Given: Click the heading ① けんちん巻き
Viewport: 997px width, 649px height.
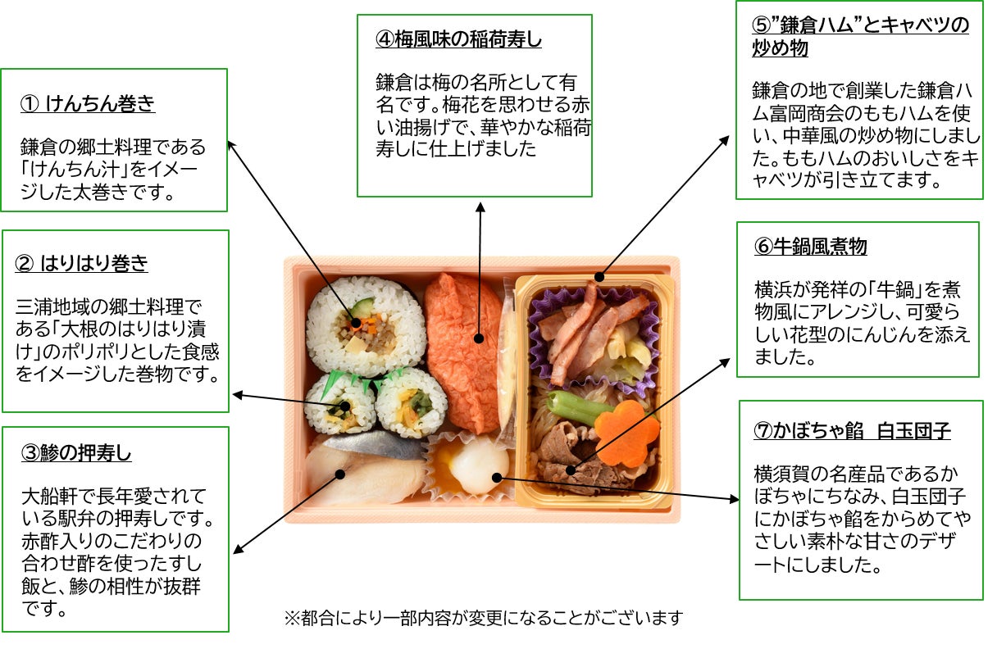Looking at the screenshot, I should pos(88,104).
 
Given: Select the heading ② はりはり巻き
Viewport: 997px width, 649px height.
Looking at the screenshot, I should pos(82,263).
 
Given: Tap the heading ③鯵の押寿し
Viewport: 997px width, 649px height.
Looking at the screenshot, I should pos(76,452).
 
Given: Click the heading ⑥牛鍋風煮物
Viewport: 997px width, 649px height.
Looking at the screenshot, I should pos(811,246).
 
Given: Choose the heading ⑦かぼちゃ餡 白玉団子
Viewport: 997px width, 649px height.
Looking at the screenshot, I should pos(853,431).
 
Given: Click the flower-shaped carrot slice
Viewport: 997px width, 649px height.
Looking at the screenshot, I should pos(626,432).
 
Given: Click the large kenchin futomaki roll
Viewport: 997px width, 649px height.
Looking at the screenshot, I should pos(365,324).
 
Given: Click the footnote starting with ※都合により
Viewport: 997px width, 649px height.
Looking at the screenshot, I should pos(483,617).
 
